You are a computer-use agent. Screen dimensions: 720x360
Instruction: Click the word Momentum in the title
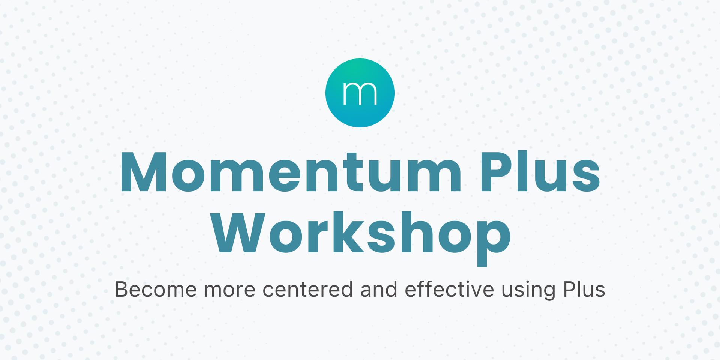coord(290,172)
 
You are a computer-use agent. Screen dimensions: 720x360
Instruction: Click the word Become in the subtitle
coord(156,289)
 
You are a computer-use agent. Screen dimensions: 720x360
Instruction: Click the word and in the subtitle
coord(378,289)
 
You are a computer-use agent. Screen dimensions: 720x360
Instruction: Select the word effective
coord(449,289)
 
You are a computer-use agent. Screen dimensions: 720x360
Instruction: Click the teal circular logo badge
coord(360,93)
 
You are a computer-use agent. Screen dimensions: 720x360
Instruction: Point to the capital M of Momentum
coord(145,172)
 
